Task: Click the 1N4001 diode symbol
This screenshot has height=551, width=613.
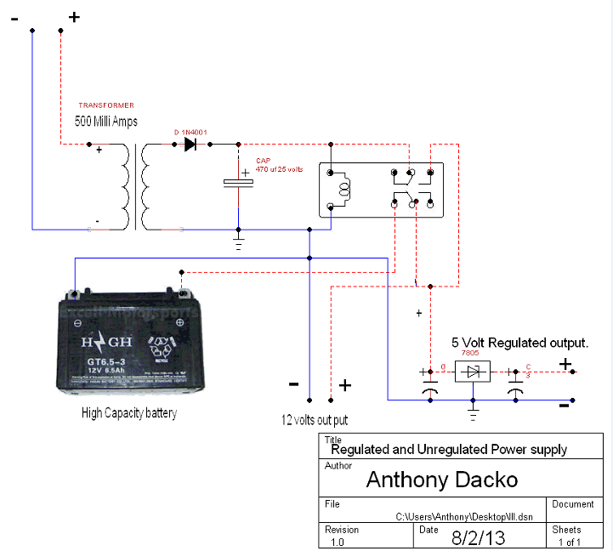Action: (x=190, y=145)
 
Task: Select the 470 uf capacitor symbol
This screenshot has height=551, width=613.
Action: (x=239, y=183)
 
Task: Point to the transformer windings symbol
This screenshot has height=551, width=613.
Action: (x=136, y=187)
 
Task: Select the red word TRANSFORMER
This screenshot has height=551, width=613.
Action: (x=106, y=105)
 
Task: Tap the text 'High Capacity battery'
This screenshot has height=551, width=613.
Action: (x=129, y=413)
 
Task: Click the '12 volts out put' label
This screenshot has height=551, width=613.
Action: (x=315, y=420)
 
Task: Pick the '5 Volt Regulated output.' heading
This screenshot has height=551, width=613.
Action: (x=519, y=343)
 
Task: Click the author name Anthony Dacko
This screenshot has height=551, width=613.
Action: (x=441, y=480)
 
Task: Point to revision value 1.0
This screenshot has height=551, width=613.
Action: (x=337, y=542)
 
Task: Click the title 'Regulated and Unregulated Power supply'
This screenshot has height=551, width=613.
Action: (x=448, y=449)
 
